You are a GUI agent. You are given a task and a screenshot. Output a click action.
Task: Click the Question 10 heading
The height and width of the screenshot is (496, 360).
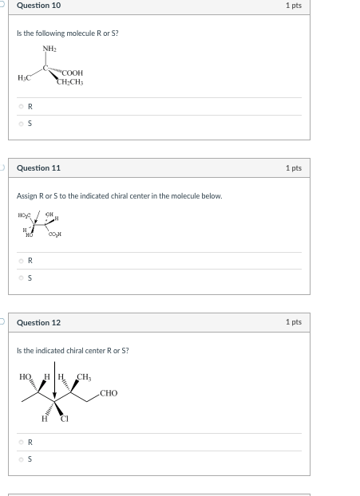[38, 6]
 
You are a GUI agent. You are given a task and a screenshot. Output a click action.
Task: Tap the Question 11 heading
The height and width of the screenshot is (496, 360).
[38, 168]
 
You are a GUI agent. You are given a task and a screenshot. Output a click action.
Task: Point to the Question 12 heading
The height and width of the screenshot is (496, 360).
[38, 323]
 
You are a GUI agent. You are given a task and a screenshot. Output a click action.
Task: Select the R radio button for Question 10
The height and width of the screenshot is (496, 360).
[22, 107]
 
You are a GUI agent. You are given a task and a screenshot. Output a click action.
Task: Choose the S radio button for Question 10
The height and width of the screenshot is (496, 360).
[22, 124]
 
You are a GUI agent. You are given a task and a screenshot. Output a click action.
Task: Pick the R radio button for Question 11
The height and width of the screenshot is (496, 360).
[22, 261]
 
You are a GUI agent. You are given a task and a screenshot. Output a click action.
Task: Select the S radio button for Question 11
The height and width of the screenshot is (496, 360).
[22, 278]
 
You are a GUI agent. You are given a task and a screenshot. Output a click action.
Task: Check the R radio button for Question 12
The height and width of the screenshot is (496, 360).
[22, 442]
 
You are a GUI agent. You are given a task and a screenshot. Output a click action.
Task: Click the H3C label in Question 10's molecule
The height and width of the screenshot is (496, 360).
[25, 77]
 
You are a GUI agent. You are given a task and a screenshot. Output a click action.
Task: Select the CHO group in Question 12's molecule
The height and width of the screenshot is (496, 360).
[109, 393]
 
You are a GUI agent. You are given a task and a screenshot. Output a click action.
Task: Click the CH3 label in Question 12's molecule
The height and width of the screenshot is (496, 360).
[84, 376]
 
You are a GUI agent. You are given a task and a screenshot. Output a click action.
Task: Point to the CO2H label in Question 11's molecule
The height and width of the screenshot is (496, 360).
[55, 234]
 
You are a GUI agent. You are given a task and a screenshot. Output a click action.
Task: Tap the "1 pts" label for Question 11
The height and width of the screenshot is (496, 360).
[293, 168]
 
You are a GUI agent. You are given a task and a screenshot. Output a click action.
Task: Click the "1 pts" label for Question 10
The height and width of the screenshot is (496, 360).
[293, 6]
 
